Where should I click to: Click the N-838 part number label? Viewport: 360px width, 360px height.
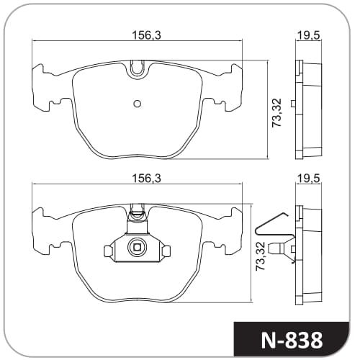[292, 340]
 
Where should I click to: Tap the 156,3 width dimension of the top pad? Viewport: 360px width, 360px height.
[147, 35]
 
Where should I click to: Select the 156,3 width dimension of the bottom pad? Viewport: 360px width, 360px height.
[147, 179]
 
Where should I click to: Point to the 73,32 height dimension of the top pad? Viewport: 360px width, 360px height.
[276, 112]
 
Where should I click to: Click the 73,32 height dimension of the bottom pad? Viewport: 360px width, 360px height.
[260, 256]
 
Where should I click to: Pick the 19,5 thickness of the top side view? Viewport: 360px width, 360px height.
[309, 36]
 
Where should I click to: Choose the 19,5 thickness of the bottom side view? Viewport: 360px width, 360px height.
[309, 179]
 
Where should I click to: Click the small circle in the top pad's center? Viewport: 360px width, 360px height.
[137, 104]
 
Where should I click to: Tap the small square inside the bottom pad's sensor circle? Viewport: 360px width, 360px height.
[137, 247]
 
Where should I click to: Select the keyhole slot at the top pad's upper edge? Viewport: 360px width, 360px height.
[138, 68]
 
